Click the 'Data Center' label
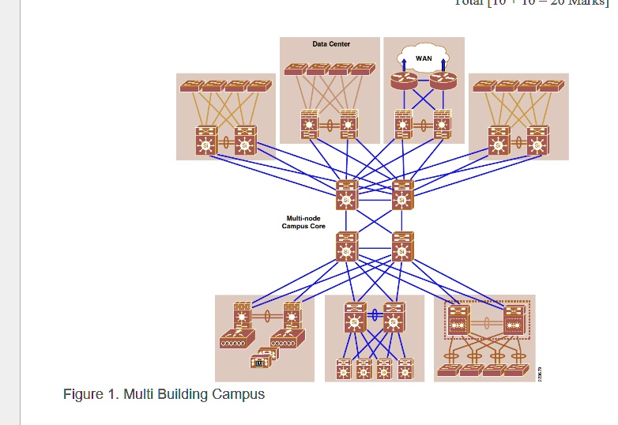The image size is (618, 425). point(331,44)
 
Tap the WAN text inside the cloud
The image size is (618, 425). point(424,59)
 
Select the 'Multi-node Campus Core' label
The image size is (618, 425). point(303,222)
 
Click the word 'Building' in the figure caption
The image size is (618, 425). point(184,394)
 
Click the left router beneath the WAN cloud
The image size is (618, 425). point(403,80)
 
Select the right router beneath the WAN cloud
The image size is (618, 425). point(443,80)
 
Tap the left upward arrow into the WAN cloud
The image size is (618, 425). point(404,62)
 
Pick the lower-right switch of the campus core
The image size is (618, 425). point(402,248)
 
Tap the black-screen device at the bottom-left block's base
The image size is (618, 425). point(260,362)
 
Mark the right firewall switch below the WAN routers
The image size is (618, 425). point(443,124)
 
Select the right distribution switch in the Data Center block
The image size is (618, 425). point(349,124)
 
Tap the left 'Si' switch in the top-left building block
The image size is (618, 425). point(206,141)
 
